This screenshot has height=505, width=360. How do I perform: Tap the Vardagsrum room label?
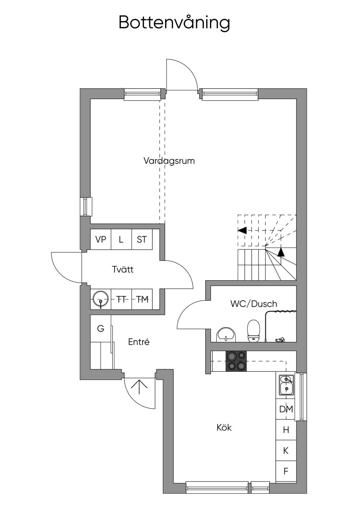pyautogui.click(x=169, y=161)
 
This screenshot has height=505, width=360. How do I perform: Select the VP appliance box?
pyautogui.click(x=101, y=240)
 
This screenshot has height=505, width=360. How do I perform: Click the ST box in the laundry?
pyautogui.click(x=142, y=240)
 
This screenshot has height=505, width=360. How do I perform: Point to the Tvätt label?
pyautogui.click(x=123, y=270)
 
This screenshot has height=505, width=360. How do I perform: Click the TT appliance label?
pyautogui.click(x=121, y=300)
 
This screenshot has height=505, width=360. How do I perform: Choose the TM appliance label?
pyautogui.click(x=142, y=300)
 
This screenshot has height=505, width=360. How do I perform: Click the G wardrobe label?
pyautogui.click(x=101, y=329)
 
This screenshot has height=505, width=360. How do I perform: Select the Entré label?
pyautogui.click(x=139, y=342)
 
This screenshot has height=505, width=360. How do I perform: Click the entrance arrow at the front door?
pyautogui.click(x=139, y=386)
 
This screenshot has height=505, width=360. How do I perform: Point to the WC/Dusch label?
pyautogui.click(x=253, y=304)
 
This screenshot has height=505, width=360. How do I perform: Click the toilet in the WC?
pyautogui.click(x=253, y=331)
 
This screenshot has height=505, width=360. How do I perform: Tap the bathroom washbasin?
pyautogui.click(x=225, y=334)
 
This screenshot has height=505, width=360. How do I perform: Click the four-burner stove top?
pyautogui.click(x=236, y=361)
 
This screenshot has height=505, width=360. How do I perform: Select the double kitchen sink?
pyautogui.click(x=286, y=385)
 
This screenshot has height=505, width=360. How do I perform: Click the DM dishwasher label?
pyautogui.click(x=286, y=409)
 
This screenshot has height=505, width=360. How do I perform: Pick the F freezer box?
pyautogui.click(x=286, y=471)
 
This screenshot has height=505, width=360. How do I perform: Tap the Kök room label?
pyautogui.click(x=224, y=428)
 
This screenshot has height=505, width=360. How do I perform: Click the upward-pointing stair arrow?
pyautogui.click(x=281, y=252)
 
